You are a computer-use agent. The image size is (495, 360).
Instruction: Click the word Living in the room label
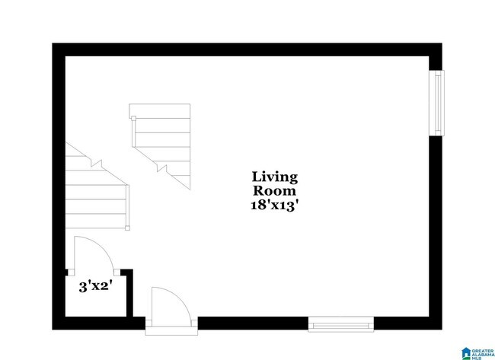(x=274, y=177)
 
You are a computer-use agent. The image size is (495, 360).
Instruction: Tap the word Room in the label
(x=274, y=190)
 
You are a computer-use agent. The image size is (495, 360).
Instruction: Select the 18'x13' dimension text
(x=274, y=205)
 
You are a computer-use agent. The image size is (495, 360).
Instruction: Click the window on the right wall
(x=436, y=104)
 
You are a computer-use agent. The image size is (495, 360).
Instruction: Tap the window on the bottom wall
(x=341, y=324)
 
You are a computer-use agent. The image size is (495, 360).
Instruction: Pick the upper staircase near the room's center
(x=161, y=141)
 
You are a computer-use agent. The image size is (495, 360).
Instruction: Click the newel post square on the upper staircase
(x=133, y=118)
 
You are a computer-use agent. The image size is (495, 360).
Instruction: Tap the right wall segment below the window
(x=436, y=228)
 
